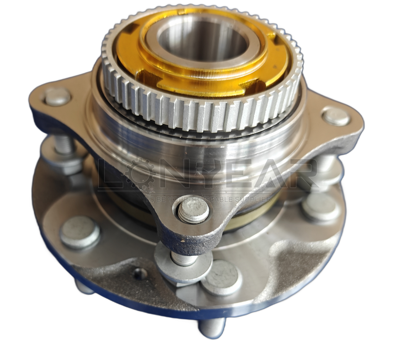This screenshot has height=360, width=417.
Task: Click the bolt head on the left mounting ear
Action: point(57,96)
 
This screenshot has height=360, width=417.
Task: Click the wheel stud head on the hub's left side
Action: point(80,232)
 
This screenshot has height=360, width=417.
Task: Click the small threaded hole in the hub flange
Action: point(140,274)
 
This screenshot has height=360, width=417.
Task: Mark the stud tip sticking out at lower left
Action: point(84,287)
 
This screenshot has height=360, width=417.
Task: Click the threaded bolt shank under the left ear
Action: point(64,145)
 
